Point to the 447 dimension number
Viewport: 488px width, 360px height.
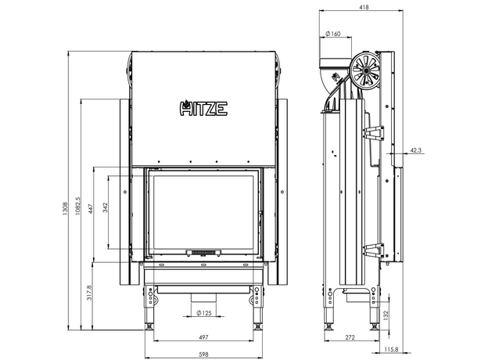91,209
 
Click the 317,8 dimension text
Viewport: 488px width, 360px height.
91,293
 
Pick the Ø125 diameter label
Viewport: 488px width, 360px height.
203,314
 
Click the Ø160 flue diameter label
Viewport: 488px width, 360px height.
332,34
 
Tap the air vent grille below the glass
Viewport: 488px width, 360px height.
203,252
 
